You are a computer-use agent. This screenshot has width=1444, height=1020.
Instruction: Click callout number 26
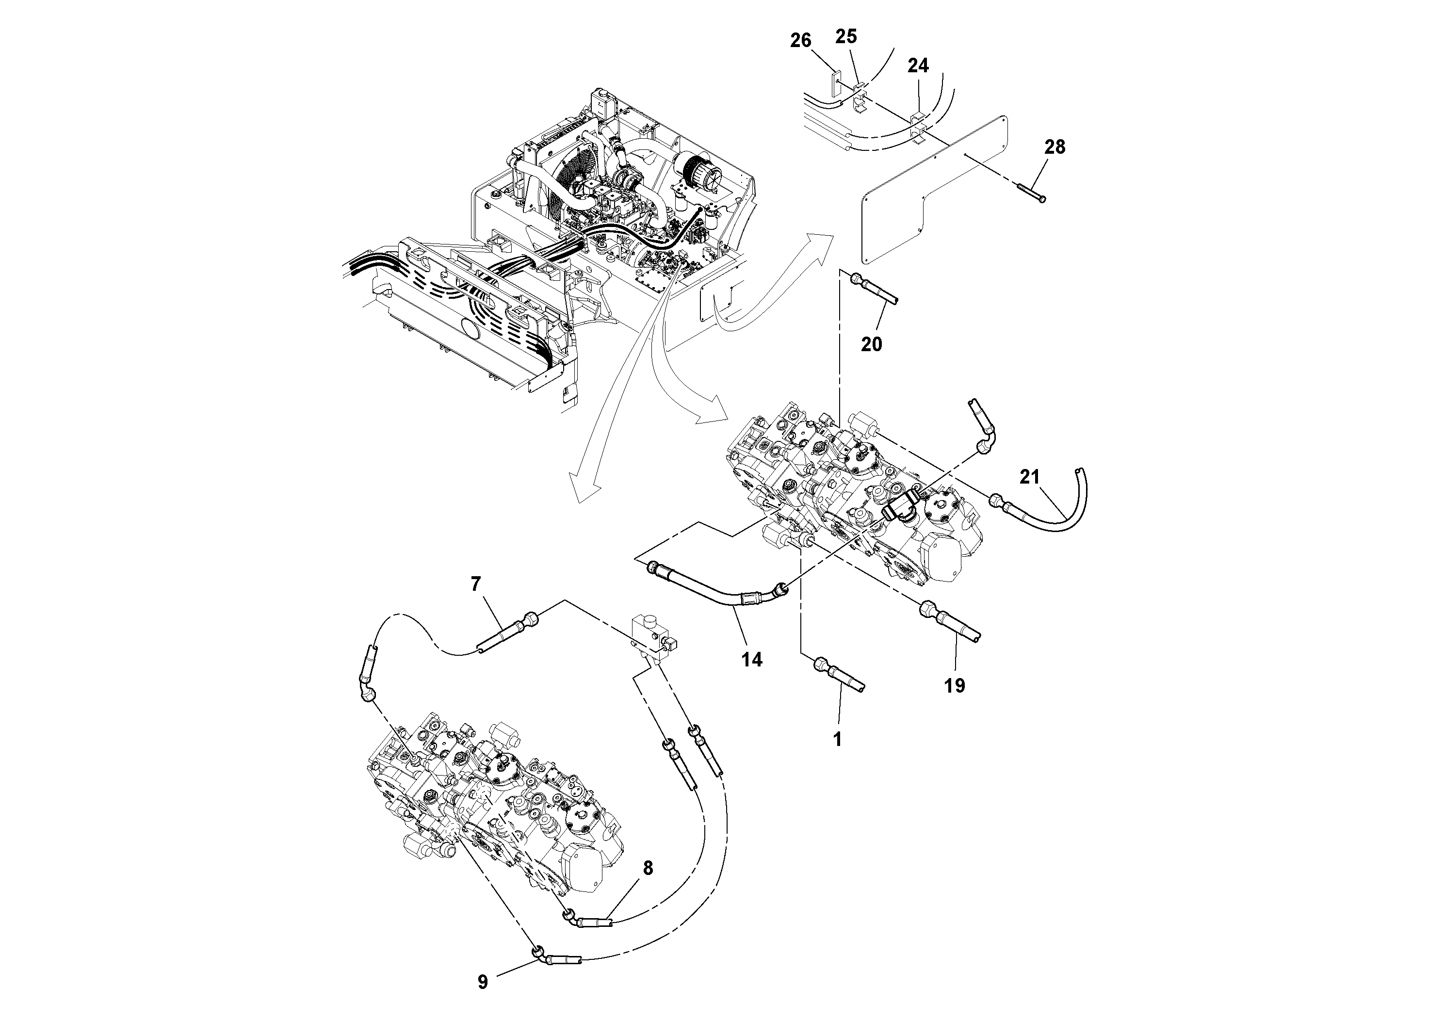[x=801, y=41]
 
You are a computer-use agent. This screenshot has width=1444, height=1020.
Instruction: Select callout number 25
[x=846, y=36]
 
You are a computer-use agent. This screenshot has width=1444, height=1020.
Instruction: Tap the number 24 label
[x=918, y=65]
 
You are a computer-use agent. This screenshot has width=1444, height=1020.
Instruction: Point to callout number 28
[x=1055, y=147]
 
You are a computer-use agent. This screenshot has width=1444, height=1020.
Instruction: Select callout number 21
[x=1030, y=478]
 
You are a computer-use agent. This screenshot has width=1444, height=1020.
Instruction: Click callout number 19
[x=955, y=685]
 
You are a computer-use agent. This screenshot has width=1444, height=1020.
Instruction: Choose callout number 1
[x=837, y=740]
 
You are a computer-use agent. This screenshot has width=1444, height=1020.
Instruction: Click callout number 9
[x=482, y=982]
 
